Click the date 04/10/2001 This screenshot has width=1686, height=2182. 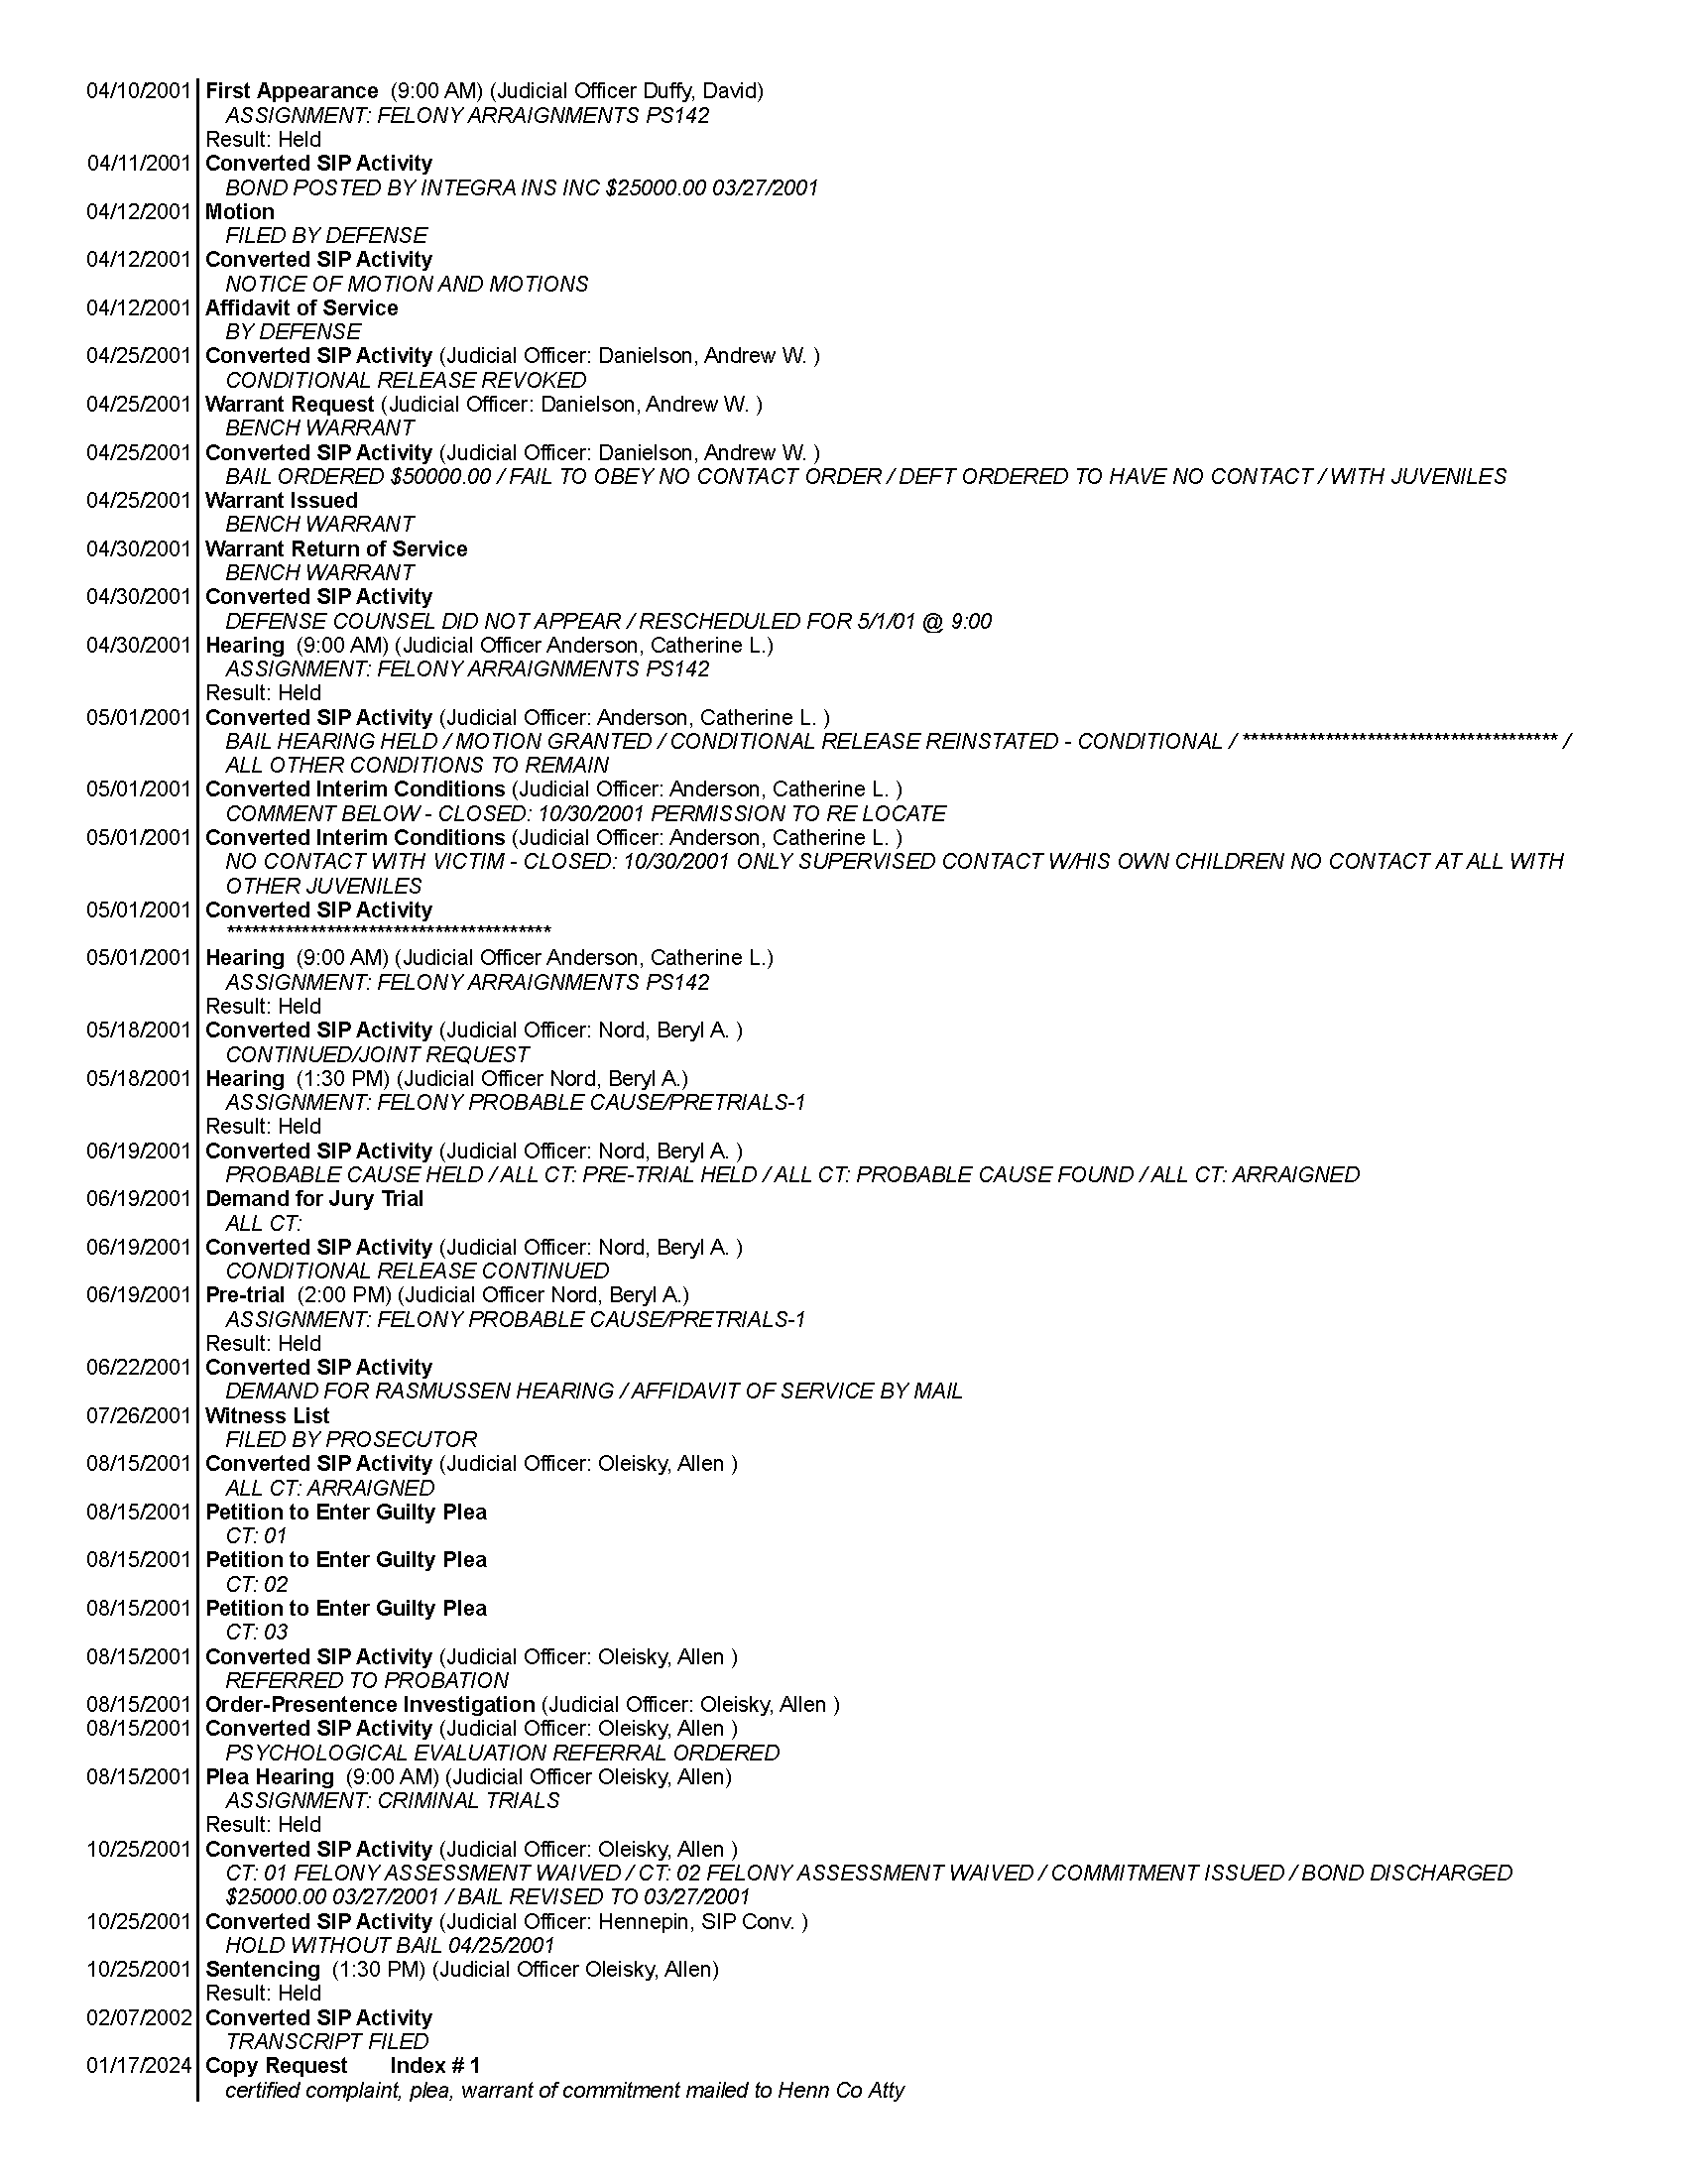138,91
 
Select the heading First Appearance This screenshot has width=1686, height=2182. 292,91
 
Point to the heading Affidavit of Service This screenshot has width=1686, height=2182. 301,307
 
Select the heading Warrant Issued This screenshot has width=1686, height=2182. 281,501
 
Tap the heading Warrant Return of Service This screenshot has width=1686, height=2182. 335,548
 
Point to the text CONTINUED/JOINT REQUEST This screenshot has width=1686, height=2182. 377,1054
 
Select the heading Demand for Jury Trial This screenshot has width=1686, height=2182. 313,1198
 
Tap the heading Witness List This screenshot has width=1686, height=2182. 267,1414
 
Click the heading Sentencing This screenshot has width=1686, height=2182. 263,1969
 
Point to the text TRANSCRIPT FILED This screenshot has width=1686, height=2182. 326,2041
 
